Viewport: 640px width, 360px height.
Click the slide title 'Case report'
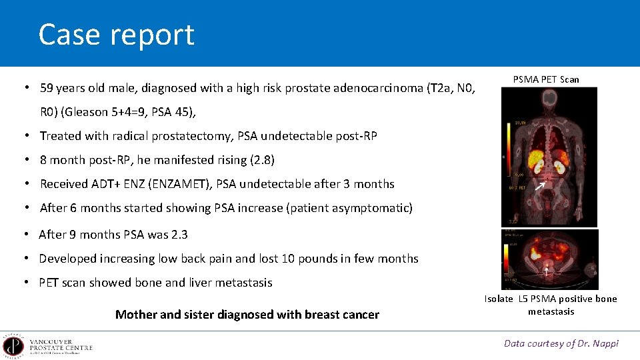116,35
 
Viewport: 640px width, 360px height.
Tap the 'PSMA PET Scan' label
546,79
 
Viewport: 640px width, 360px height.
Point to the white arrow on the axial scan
547,271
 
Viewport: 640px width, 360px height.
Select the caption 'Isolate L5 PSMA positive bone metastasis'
551,305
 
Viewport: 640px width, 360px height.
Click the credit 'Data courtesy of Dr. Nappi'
561,343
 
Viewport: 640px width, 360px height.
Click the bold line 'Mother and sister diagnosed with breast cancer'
247,315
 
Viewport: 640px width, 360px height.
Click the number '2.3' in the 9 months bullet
179,235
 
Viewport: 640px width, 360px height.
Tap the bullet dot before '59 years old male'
25,88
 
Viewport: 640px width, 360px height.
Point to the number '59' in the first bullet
47,88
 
